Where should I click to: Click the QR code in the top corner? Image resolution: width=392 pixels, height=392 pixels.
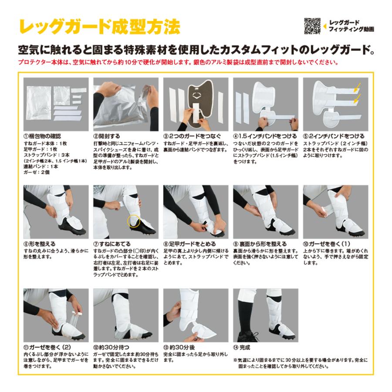pos(312,26)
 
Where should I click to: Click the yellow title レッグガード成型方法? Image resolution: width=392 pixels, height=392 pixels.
pos(99,27)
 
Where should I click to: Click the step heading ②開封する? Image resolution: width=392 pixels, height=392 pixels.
pos(107,136)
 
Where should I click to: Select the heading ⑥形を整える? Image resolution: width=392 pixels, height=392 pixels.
pos(39,244)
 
